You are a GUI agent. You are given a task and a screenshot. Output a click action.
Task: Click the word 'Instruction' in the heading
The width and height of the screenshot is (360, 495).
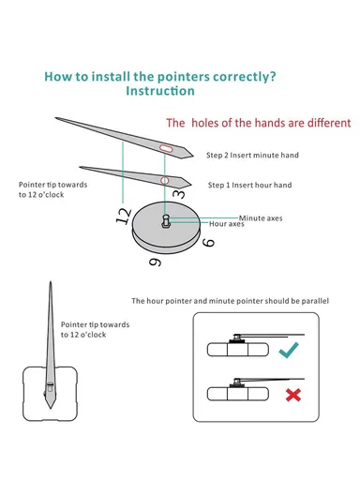160,91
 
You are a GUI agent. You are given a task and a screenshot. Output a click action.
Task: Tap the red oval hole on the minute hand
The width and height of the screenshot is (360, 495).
166,148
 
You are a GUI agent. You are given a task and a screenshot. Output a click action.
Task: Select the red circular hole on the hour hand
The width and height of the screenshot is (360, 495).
164,180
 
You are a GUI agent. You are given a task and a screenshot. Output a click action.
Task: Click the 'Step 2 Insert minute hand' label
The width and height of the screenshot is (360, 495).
252,155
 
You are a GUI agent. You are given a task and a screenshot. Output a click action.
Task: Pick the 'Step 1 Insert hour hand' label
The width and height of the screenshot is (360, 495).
249,185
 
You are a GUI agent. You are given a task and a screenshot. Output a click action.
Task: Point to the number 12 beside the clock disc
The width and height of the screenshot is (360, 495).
124,216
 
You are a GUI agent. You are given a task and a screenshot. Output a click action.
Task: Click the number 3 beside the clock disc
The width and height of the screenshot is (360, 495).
179,193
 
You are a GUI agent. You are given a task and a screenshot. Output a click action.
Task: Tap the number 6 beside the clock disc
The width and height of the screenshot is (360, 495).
208,243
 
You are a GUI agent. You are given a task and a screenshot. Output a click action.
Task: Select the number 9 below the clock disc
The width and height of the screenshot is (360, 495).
155,262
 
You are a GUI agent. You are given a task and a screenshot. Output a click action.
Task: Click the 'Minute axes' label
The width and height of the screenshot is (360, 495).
261,218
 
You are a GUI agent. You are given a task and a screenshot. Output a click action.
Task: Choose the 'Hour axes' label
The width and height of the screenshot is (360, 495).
227,224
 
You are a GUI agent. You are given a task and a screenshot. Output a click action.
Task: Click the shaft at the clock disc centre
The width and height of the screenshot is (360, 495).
166,221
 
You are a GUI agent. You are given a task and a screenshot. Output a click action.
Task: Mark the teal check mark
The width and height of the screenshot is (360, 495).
289,350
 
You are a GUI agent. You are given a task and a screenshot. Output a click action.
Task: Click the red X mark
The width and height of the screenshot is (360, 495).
293,395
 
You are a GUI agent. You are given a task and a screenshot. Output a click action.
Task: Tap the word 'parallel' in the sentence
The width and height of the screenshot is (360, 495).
315,301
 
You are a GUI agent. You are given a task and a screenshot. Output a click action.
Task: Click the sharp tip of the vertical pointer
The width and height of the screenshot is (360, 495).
51,282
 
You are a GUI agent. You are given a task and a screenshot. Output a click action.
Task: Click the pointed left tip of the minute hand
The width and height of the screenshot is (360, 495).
56,118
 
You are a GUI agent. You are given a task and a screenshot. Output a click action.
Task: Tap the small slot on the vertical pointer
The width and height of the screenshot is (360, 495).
51,387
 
